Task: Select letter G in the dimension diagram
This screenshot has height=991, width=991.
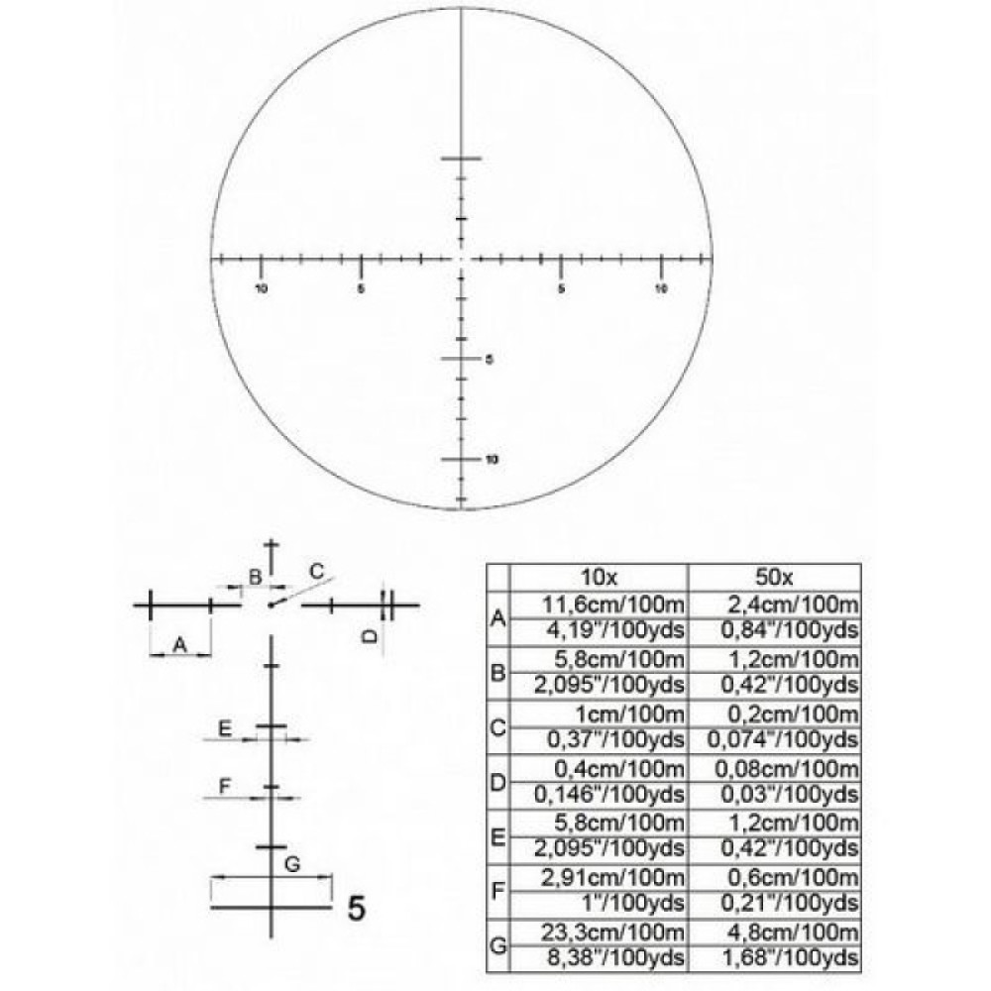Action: pyautogui.click(x=291, y=864)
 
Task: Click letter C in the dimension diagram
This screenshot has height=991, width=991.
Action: pyautogui.click(x=316, y=570)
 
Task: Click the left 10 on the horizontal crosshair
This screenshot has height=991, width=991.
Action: pyautogui.click(x=262, y=289)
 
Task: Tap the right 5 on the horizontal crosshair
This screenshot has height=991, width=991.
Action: pyautogui.click(x=562, y=289)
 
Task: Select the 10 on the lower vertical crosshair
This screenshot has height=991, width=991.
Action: pyautogui.click(x=491, y=460)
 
